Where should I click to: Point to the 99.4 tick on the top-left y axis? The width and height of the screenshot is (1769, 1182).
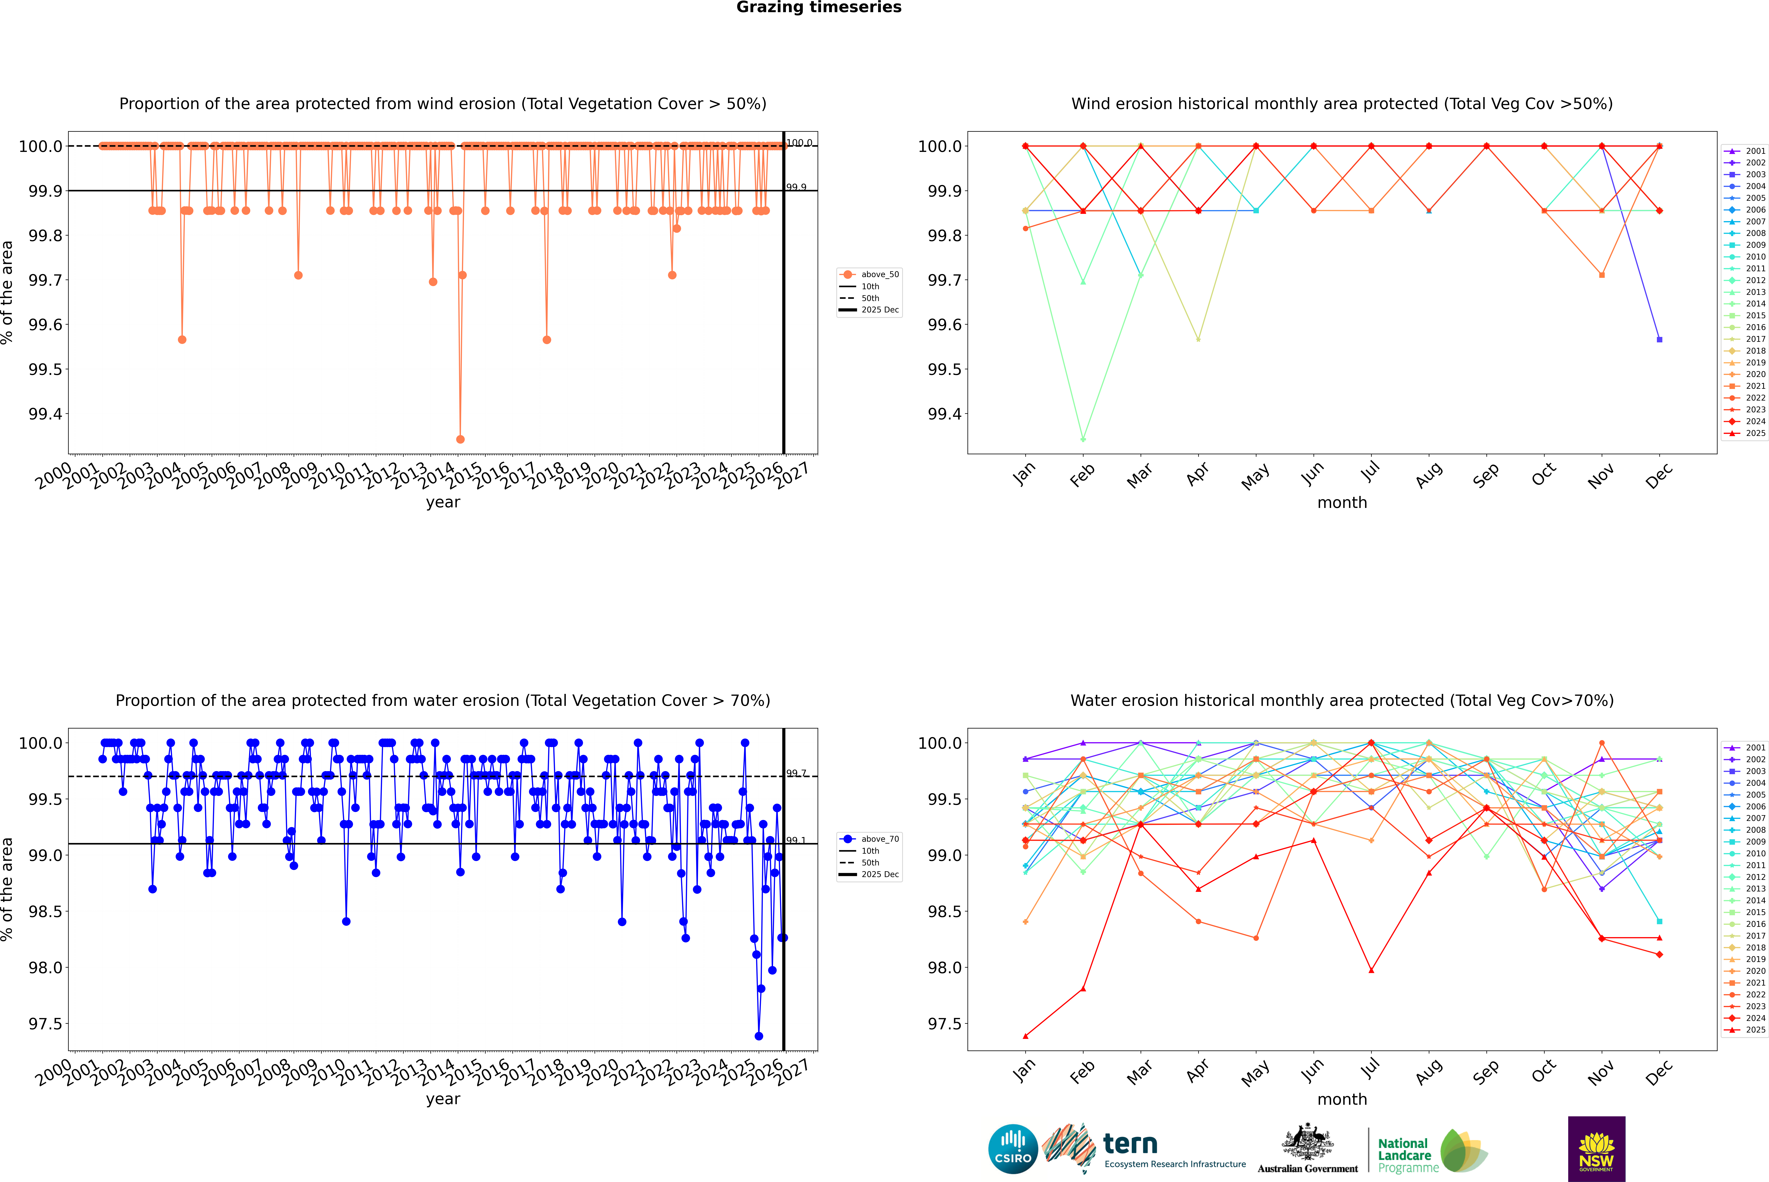tap(45, 414)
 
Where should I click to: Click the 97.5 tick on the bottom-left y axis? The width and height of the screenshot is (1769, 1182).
tap(45, 1024)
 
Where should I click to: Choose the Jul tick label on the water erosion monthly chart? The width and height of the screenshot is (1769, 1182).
tap(1370, 1070)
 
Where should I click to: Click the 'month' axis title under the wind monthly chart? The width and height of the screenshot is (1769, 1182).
tap(1341, 503)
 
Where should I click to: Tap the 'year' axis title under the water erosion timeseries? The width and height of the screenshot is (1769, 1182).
tap(443, 1099)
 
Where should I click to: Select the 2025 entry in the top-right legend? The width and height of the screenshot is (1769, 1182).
tap(1755, 433)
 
